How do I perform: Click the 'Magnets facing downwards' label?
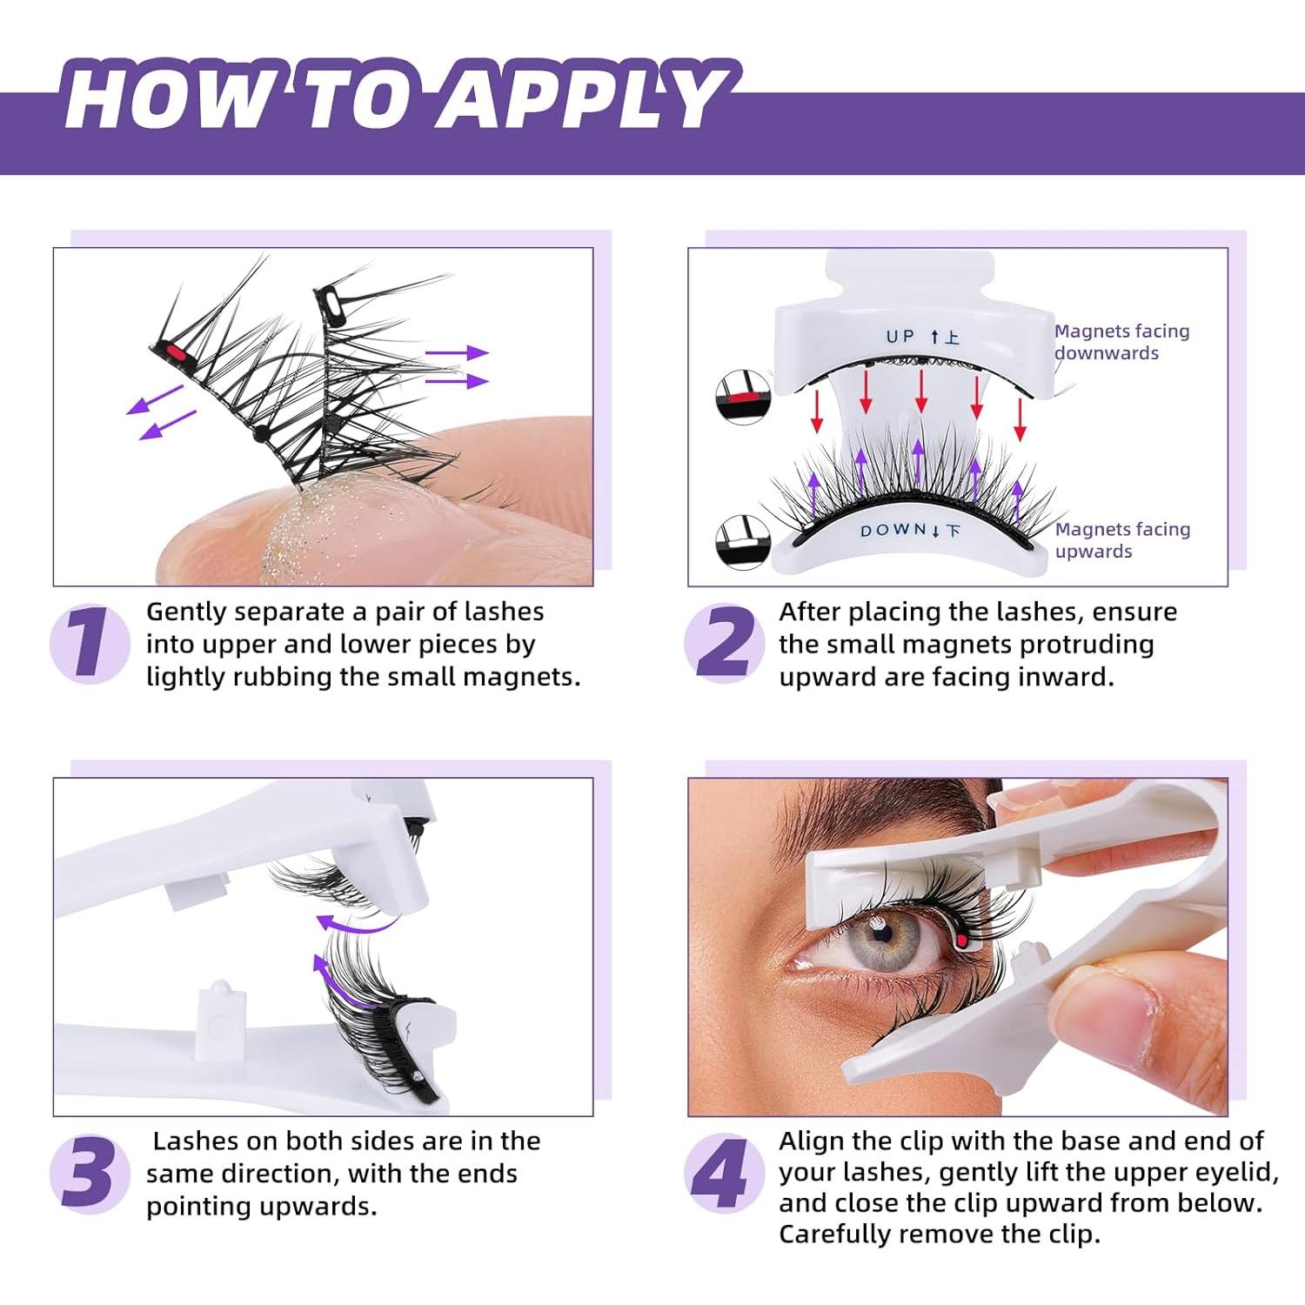click(1121, 342)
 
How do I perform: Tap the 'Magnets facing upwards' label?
click(1122, 540)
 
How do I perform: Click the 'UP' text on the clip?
click(900, 337)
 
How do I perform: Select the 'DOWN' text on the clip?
click(893, 531)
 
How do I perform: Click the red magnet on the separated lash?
click(175, 353)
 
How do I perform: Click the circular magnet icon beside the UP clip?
click(743, 397)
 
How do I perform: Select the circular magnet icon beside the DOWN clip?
click(743, 542)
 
